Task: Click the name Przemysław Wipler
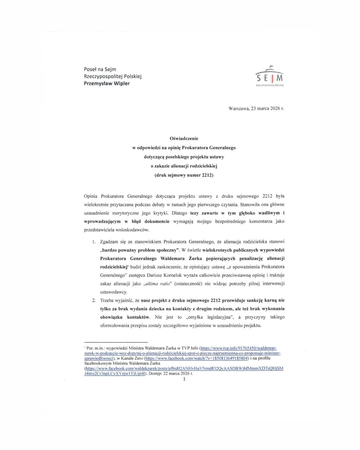107,83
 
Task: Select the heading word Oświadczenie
184,138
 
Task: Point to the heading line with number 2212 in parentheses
184,175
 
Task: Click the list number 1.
94,242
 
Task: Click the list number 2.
94,300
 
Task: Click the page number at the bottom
184,379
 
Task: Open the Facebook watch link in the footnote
197,358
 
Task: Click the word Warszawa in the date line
239,108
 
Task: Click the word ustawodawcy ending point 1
113,292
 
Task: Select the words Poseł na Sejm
100,69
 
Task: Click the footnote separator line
116,342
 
